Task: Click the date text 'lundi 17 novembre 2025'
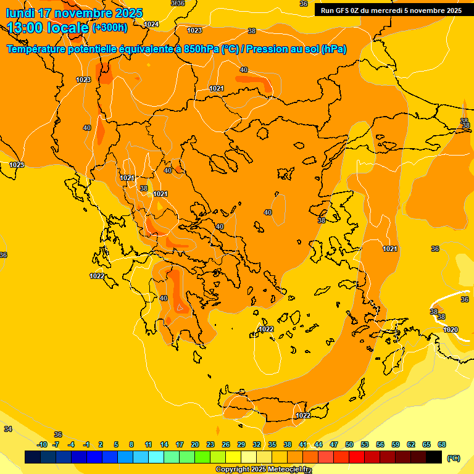tap(74, 13)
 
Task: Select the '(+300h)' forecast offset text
tap(110, 28)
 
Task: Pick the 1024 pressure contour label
tap(151, 24)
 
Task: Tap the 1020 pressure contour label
tap(451, 330)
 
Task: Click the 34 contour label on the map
tap(8, 429)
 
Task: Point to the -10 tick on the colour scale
tap(42, 444)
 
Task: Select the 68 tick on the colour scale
tap(442, 444)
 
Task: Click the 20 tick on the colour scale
tap(195, 444)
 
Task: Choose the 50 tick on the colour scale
tap(349, 444)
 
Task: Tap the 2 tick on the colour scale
tap(101, 444)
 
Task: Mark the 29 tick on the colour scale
tap(241, 444)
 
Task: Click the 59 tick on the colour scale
tap(396, 444)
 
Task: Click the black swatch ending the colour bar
tap(434, 457)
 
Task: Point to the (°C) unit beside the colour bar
tap(454, 457)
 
